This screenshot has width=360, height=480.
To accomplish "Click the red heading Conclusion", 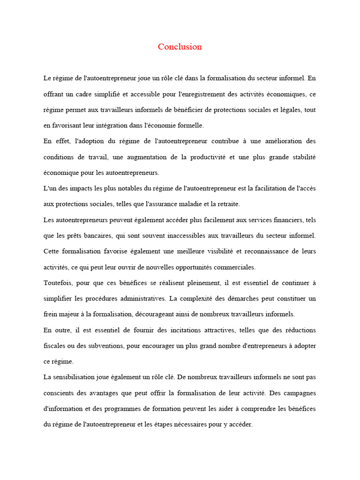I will click(x=180, y=46).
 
